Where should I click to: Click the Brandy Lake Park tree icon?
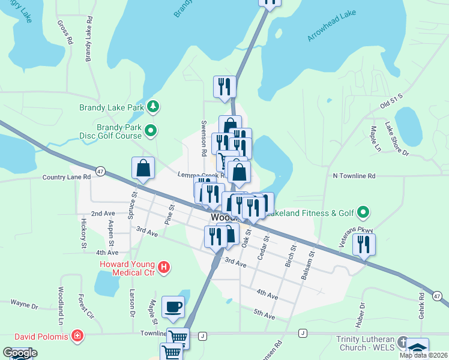coord(154,107)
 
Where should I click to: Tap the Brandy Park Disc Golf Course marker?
coord(151,130)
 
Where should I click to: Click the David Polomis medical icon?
coord(77,334)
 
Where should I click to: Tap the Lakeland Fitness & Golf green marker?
coord(363,212)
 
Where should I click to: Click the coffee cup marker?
coord(173,307)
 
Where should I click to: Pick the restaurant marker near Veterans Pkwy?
coord(364,244)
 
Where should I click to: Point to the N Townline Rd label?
coord(354,176)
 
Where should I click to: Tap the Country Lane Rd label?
coord(66,177)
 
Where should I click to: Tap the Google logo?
coord(19,353)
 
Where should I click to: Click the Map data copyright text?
coord(423,355)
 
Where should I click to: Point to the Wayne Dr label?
coord(24,305)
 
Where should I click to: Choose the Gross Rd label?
coord(64,32)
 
